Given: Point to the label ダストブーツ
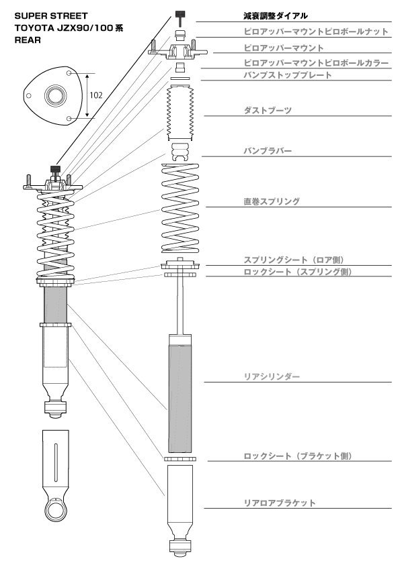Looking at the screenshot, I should [x=268, y=109].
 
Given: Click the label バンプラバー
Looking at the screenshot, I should [x=268, y=151].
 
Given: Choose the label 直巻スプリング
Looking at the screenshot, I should [x=272, y=201].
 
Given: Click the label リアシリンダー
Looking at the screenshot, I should [x=272, y=377].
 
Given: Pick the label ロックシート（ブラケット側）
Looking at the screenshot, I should [x=298, y=456].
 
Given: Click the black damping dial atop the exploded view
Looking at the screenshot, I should [x=180, y=14].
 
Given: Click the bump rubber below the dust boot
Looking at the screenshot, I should [x=180, y=152].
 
